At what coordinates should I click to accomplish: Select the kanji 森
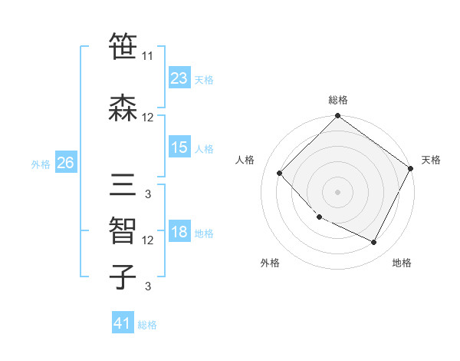pos(123,108)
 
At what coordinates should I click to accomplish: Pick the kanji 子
pos(123,277)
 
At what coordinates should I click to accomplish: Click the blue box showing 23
pos(179,78)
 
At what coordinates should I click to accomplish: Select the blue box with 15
pos(179,147)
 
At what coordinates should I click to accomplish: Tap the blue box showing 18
pos(179,233)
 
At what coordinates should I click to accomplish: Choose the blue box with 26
pos(65,163)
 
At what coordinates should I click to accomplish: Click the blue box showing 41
pos(122,323)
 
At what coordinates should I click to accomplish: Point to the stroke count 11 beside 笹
pos(148,56)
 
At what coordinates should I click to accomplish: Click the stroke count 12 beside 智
pos(148,240)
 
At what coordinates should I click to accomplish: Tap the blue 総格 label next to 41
pos(147,325)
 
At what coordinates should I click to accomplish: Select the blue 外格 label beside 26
pos(41,164)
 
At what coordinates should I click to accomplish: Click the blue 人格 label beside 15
pos(204,148)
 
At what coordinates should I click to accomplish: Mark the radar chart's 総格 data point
pos(337,117)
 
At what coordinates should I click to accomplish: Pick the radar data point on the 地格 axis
pos(374,243)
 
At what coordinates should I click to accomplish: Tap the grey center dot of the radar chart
pos(337,192)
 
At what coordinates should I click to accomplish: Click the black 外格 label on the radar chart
pos(270,263)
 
